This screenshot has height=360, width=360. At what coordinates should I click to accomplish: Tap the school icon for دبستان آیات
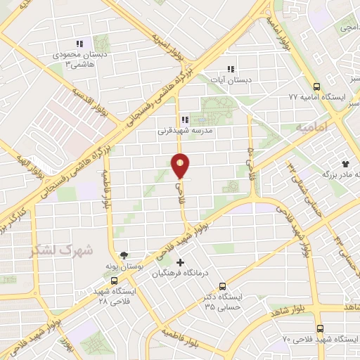click(230, 69)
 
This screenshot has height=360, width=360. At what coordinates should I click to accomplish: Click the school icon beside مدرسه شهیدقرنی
click(185, 120)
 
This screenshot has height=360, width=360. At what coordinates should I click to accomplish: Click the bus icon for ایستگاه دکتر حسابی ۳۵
click(222, 286)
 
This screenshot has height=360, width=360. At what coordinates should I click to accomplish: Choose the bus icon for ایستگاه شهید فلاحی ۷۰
click(320, 328)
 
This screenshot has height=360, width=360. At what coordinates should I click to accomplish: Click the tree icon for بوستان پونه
click(124, 255)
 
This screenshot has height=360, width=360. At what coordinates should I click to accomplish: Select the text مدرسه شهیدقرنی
click(184, 130)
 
